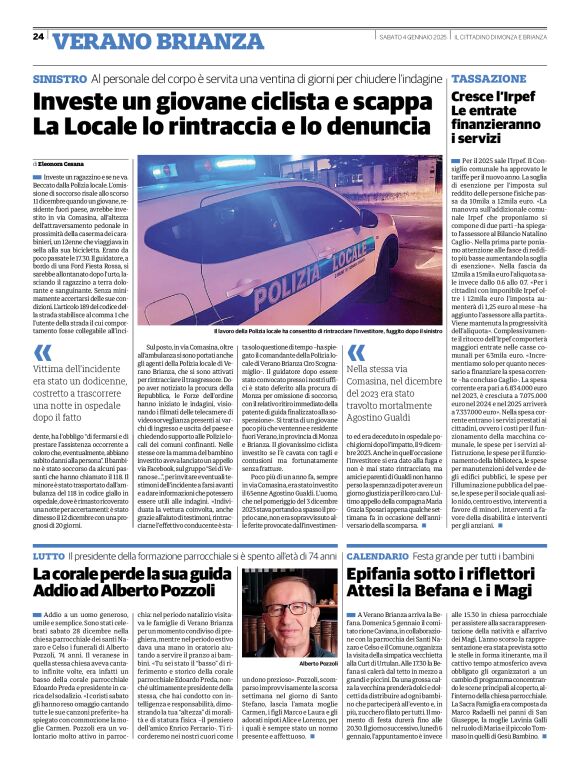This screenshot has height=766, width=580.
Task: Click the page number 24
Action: pos(38,37)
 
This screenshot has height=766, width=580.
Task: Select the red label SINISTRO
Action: pos(59,78)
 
